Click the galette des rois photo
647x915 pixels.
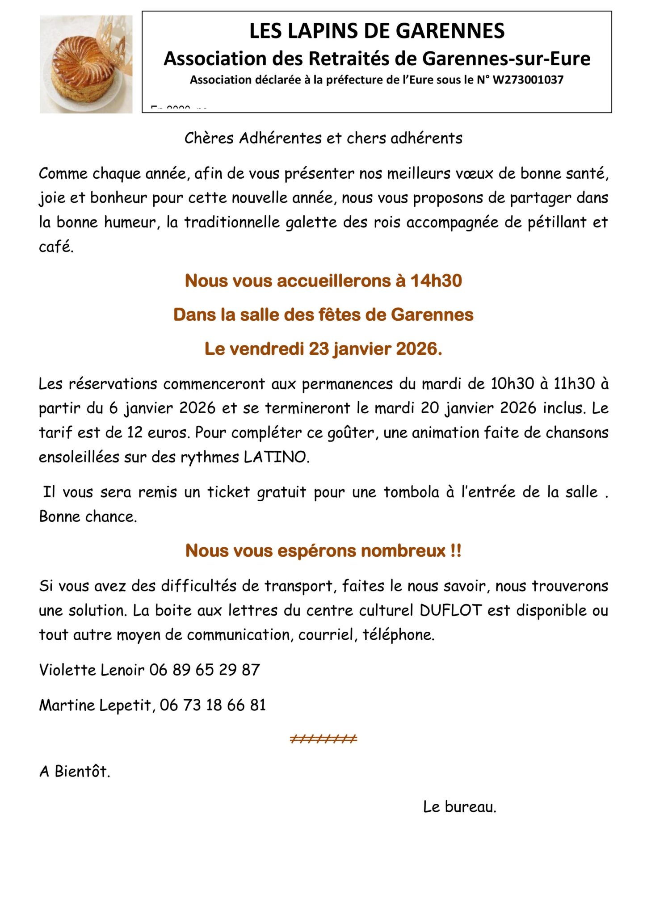pos(86,64)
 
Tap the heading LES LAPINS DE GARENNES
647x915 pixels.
pos(377,31)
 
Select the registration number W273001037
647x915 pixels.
pos(528,80)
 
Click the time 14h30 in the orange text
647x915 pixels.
pos(436,281)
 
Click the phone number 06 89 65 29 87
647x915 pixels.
pos(205,670)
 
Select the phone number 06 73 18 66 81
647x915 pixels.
pos(213,705)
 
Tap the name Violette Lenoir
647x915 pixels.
pos(92,670)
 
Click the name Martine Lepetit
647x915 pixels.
pos(96,705)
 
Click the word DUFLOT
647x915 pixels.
pos(450,610)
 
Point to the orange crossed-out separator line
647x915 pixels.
pos(323,739)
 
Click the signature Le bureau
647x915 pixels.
pos(459,807)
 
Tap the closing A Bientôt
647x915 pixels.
pos(75,772)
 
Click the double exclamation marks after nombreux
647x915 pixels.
pos(456,551)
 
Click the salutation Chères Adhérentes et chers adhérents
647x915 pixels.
pos(323,138)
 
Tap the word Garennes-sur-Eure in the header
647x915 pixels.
pos(506,59)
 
